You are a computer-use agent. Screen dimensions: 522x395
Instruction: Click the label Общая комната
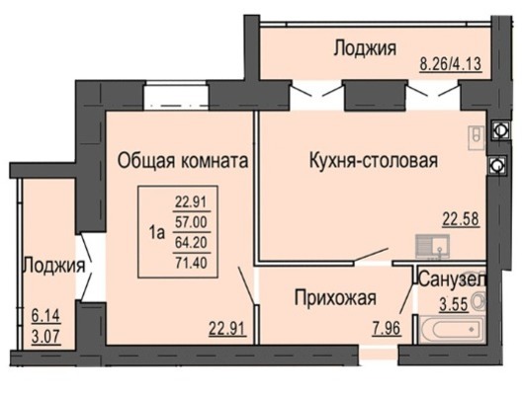point(183,161)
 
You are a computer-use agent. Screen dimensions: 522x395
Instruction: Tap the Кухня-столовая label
point(374,161)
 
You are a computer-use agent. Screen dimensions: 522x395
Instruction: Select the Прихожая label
point(335,297)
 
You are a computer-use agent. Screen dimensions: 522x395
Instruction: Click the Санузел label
point(453,279)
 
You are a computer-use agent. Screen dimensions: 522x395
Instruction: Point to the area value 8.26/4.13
point(451,64)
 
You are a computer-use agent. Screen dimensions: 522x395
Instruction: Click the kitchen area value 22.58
point(461,219)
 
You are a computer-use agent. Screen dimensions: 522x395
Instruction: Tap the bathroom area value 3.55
point(454,304)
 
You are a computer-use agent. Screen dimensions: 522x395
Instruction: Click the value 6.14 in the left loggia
point(45,316)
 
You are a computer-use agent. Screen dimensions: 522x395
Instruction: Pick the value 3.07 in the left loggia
point(45,337)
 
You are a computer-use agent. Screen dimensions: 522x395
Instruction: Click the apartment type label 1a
point(157,232)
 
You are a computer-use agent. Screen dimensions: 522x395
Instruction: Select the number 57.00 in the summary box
point(192,222)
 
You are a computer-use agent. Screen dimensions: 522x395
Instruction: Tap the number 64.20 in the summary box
point(192,242)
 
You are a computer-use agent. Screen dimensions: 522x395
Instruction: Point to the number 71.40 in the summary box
point(192,263)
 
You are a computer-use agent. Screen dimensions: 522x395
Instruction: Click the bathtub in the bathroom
point(452,330)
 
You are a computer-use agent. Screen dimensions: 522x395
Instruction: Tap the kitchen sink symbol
point(432,246)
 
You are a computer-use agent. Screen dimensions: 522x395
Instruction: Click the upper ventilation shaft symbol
point(499,129)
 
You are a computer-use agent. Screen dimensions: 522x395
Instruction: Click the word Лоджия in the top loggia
point(365,48)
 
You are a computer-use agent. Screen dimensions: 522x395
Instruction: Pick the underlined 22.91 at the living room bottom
point(227,329)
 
